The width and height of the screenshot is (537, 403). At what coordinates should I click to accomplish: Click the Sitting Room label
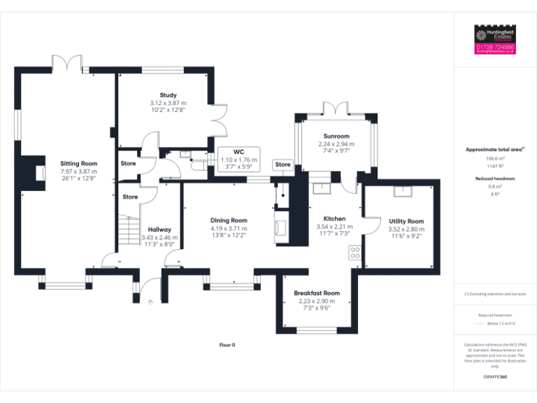pos(78,163)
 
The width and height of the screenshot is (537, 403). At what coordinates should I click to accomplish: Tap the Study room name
pos(168,95)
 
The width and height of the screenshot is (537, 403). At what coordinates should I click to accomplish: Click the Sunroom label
pos(336,136)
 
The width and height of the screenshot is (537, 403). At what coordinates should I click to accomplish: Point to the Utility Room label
pos(406,221)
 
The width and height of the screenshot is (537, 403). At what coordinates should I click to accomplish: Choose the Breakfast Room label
pos(317,292)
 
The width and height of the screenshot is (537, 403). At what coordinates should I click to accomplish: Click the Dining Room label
pos(229,220)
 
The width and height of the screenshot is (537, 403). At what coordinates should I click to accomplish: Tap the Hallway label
pos(160,229)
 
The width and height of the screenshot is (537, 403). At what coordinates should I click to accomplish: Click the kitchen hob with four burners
pos(355,253)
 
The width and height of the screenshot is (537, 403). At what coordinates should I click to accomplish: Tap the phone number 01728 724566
pos(495,47)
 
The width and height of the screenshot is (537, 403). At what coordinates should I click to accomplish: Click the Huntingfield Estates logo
pos(495,34)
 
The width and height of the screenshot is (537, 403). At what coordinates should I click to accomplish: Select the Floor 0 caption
pos(227,345)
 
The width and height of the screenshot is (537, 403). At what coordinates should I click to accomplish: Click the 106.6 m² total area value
pos(494,159)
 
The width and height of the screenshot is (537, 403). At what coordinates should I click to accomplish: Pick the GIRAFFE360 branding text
pos(494,377)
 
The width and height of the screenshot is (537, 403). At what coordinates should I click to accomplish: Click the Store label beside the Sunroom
pos(282,164)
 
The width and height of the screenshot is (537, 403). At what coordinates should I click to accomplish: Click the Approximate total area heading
pos(494,150)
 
